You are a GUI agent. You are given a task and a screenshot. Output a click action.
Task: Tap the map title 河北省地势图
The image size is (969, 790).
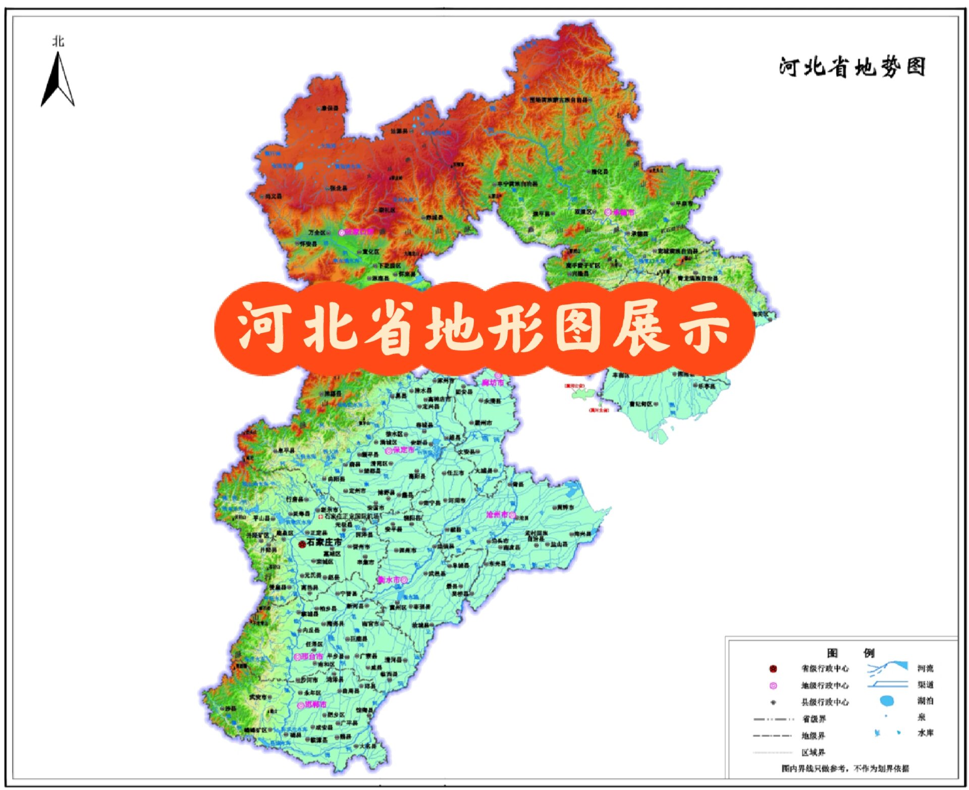pos(852,67)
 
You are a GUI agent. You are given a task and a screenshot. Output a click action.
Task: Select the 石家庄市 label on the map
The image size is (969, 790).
pos(324,542)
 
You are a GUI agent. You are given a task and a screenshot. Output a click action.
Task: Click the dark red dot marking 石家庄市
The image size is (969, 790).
pos(302,544)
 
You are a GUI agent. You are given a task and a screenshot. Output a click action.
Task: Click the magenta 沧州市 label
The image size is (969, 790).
pos(497,514)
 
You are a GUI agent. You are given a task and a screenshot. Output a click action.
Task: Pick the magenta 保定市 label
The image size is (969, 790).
pos(404,450)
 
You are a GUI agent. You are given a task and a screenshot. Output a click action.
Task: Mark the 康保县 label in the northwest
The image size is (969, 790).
pos(331,108)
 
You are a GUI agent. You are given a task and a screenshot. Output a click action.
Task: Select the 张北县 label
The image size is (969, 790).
pos(339,188)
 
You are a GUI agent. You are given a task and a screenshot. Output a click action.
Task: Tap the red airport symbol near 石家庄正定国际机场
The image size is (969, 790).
pos(320,516)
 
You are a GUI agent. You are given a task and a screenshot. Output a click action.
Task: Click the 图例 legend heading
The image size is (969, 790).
pos(850,653)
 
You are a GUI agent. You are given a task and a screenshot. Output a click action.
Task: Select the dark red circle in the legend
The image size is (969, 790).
pos(773,669)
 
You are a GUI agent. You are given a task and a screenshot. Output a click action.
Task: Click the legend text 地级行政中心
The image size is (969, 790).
pos(825,686)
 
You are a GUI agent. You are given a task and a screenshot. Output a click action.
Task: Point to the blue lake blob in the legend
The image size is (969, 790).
pos(887,701)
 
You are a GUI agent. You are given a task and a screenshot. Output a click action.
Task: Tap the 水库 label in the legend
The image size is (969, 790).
pos(926,732)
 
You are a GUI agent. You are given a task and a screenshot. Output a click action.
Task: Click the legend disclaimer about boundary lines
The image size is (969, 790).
pos(845,768)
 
